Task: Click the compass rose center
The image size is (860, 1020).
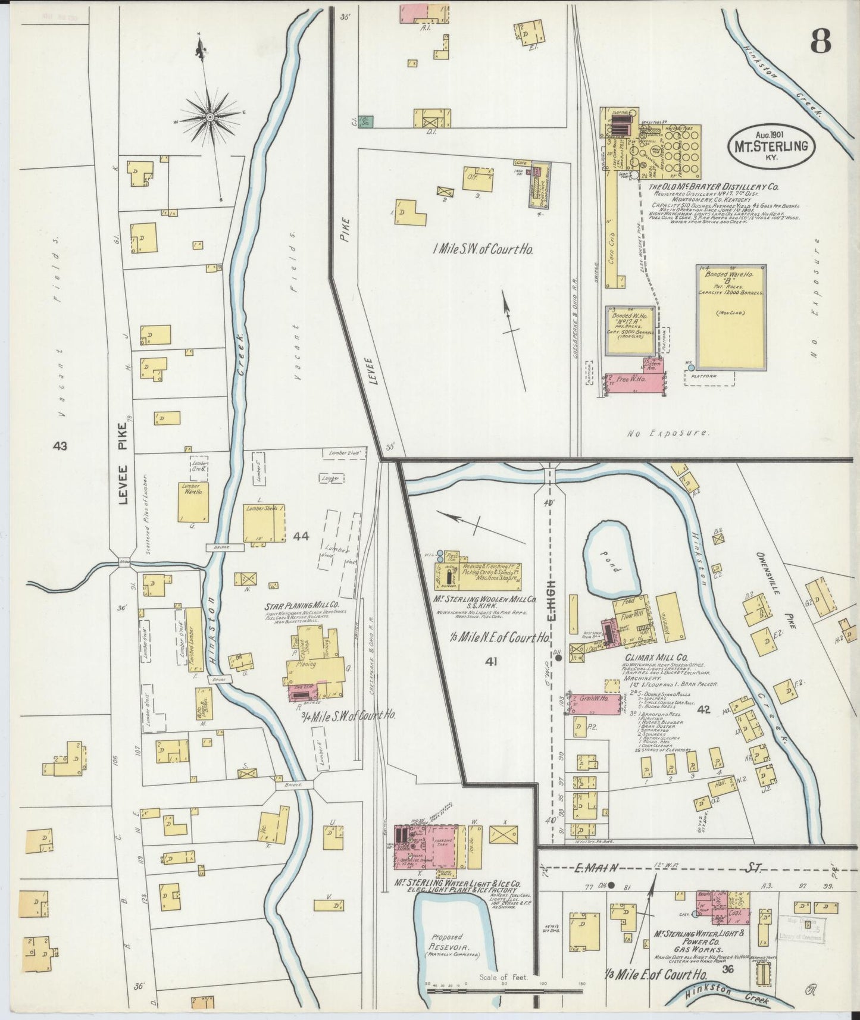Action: pos(209,117)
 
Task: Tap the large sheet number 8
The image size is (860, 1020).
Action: pos(820,42)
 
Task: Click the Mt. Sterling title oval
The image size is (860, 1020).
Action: pos(771,143)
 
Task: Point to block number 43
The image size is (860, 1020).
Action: pos(60,446)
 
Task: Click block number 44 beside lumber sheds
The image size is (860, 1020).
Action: pos(301,537)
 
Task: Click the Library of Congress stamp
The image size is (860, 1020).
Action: pos(801,933)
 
